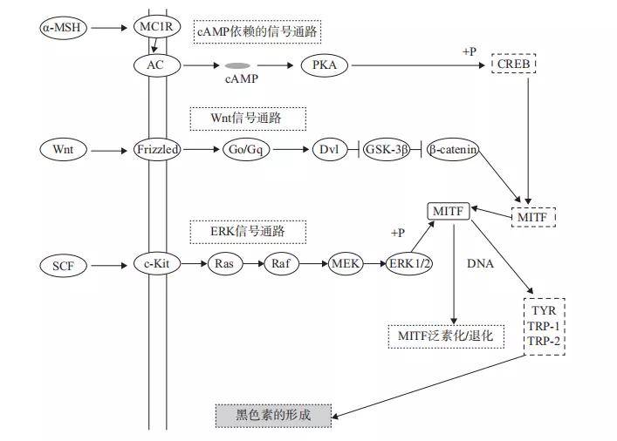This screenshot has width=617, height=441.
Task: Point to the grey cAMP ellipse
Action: point(237,65)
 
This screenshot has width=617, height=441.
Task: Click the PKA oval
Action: point(324,64)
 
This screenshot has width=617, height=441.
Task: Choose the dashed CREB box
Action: point(514,64)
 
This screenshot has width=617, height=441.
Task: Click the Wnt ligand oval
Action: point(63,150)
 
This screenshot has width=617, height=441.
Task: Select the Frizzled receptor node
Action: point(158,150)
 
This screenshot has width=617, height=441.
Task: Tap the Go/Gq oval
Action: point(245,150)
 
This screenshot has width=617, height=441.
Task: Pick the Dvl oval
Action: point(328,150)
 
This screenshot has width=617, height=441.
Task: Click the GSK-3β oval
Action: point(386,150)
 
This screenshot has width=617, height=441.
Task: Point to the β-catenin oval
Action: point(453,150)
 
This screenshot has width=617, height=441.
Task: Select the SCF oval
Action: point(63,265)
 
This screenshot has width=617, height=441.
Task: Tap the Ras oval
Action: point(225,264)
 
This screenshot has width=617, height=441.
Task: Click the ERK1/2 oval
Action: point(409,264)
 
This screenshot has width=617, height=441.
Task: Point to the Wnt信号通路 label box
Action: point(248,118)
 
